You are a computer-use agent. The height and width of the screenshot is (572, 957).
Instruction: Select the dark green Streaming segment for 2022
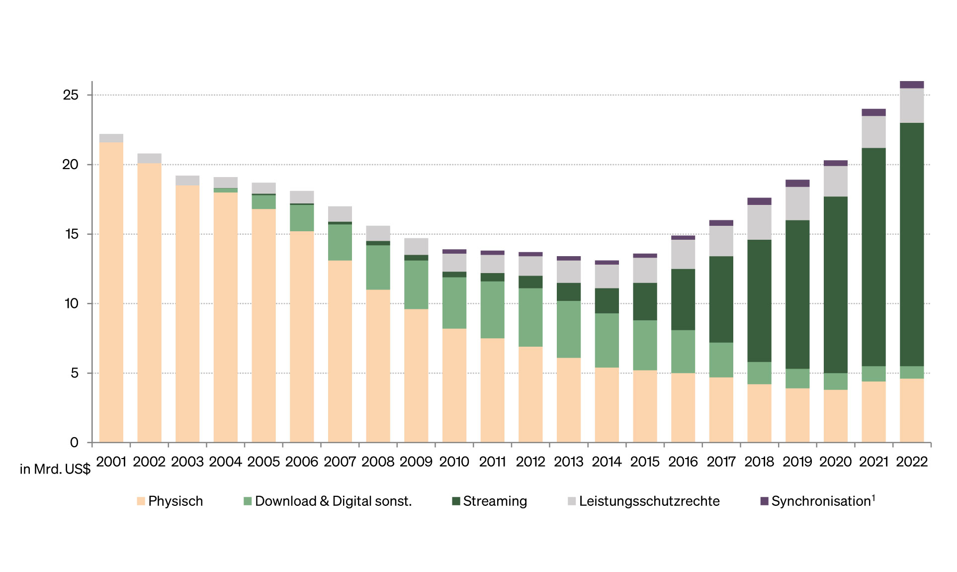coord(912,244)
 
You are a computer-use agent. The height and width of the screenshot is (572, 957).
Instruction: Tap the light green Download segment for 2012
coord(530,317)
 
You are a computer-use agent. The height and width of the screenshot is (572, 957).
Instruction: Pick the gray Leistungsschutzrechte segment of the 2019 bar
coord(797,203)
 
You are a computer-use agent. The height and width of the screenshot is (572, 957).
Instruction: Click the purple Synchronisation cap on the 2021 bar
coord(873,112)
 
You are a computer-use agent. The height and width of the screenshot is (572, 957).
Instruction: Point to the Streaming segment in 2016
coord(683,299)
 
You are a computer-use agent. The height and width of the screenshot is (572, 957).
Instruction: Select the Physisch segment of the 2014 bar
coord(607,405)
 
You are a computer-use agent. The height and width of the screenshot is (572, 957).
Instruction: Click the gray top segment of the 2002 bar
coord(149,158)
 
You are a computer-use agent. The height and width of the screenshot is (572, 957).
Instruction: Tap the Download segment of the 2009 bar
coord(416,285)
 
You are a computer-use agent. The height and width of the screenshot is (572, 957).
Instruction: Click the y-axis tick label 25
coord(71,95)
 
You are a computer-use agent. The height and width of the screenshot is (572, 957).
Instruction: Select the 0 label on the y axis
coord(74,443)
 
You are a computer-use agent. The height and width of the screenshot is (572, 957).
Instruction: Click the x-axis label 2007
coord(340,462)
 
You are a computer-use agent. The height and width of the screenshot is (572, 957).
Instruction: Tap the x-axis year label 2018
coord(759,462)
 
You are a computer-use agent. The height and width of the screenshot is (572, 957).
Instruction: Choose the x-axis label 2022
coord(912,462)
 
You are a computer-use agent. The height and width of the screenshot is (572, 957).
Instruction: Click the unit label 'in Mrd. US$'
coord(55,469)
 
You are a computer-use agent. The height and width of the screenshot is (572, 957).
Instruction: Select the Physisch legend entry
coord(170,501)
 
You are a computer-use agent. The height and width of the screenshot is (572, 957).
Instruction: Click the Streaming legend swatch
coord(456,501)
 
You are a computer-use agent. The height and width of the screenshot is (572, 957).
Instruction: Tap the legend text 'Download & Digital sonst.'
coord(333,501)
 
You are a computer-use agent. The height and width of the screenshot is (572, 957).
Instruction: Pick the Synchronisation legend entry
coord(818,501)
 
